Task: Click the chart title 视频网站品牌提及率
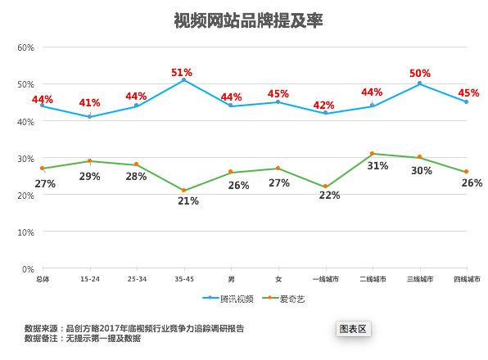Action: (x=248, y=20)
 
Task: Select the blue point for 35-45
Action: (x=184, y=80)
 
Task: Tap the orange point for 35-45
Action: (x=184, y=191)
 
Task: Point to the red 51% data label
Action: (x=182, y=73)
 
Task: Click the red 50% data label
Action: (x=420, y=74)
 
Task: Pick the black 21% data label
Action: (x=188, y=200)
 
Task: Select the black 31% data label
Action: (x=377, y=166)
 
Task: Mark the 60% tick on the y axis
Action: (x=25, y=47)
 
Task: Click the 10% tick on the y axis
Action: (x=25, y=232)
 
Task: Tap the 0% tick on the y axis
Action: (x=28, y=269)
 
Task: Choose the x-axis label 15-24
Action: (x=90, y=279)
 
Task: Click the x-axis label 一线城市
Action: (x=326, y=279)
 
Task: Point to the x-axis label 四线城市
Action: (x=467, y=279)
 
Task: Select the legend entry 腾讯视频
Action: (x=228, y=299)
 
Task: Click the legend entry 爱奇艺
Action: (x=283, y=299)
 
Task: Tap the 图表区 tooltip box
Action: (x=353, y=329)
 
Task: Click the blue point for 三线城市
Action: (x=419, y=83)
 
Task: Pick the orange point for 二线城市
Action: (x=373, y=154)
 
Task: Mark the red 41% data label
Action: (x=89, y=102)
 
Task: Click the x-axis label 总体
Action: (x=43, y=279)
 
